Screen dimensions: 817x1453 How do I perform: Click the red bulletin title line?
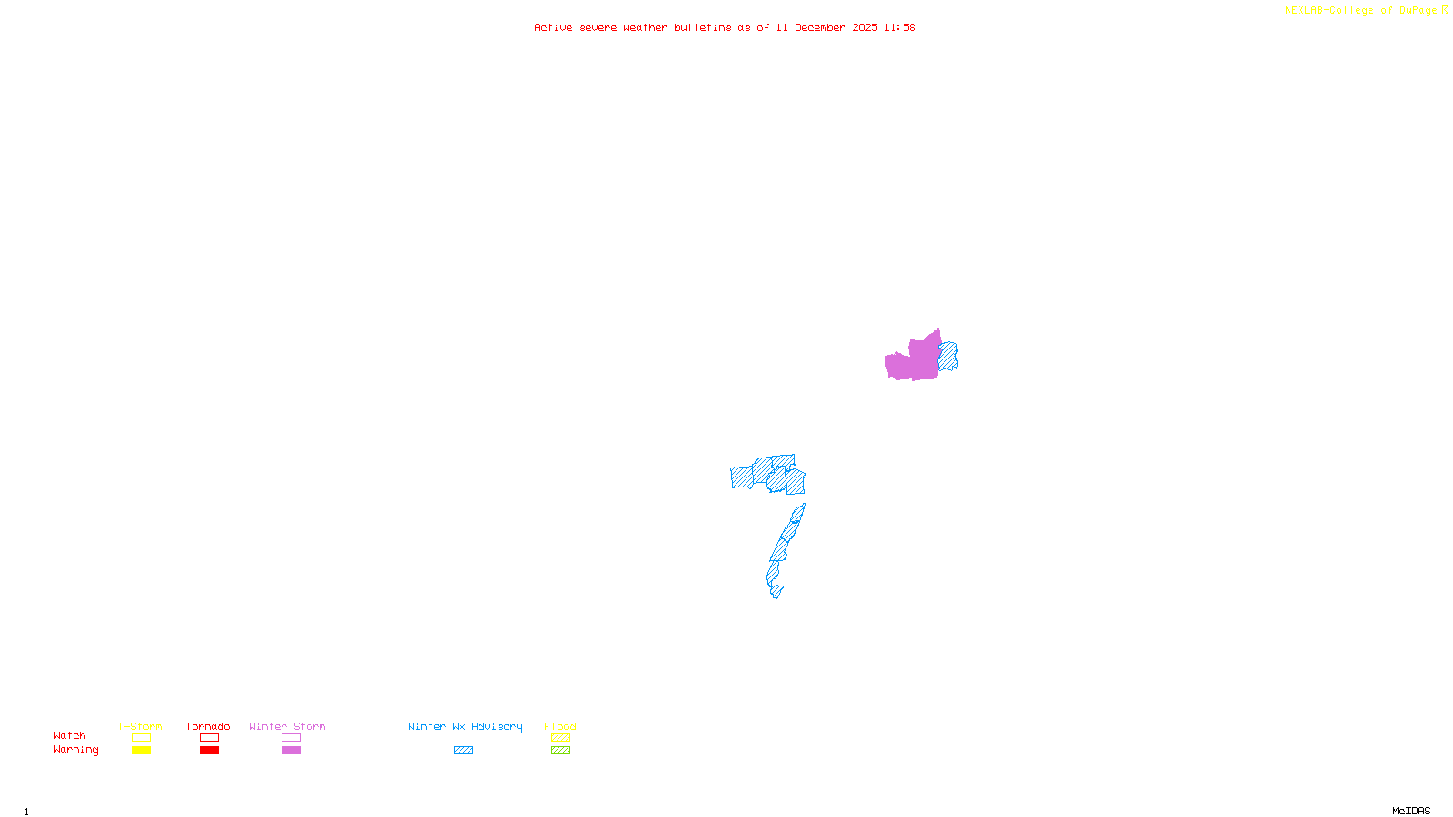click(x=724, y=27)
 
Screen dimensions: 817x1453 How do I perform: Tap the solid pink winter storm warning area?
click(x=913, y=360)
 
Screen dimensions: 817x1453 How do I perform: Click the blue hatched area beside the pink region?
click(x=949, y=355)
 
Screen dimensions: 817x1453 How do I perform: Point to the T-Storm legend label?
click(x=140, y=726)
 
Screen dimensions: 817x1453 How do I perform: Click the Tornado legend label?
click(x=208, y=726)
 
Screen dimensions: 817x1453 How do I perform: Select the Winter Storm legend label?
click(x=287, y=726)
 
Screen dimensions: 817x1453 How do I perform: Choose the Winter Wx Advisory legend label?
click(x=465, y=726)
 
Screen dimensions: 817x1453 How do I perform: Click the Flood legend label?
click(x=560, y=726)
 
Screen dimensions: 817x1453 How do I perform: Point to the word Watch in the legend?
click(x=70, y=735)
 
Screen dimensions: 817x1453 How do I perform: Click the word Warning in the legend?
click(x=76, y=750)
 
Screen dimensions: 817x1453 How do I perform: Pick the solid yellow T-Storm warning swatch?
click(x=141, y=751)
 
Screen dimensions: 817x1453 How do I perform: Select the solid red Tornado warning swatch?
click(x=209, y=751)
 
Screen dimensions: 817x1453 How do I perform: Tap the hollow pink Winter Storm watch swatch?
click(x=291, y=738)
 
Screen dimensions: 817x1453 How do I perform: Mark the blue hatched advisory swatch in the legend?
click(x=463, y=751)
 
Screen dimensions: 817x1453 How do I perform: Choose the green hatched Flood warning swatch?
click(x=560, y=751)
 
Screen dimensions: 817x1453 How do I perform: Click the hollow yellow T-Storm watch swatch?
click(x=141, y=738)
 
